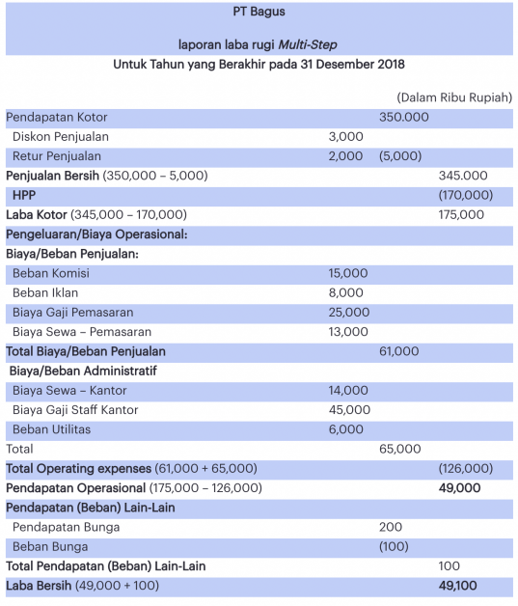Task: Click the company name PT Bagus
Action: point(259,13)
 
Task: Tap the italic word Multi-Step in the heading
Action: point(306,44)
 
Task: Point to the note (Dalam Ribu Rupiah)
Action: point(453,97)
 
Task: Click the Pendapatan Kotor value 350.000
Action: point(403,117)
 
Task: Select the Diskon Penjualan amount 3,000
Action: point(346,136)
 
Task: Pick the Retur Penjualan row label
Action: point(57,156)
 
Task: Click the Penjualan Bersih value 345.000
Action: point(462,176)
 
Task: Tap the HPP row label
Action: point(25,195)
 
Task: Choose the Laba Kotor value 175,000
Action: point(461,214)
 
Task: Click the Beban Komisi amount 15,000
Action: point(348,273)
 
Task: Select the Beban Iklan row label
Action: point(45,292)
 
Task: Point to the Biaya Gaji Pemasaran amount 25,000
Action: point(348,312)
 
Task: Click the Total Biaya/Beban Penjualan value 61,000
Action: point(399,351)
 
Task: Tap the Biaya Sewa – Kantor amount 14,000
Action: point(348,390)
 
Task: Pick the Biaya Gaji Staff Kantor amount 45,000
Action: point(348,410)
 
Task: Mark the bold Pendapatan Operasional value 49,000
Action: point(459,488)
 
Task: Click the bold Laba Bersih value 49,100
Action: point(459,586)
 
